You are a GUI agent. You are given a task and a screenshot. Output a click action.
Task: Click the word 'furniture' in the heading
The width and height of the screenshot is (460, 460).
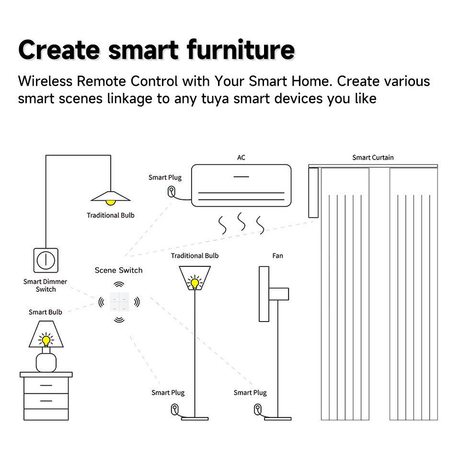[x=240, y=49]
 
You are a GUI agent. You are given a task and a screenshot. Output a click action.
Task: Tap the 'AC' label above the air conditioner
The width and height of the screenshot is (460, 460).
[x=241, y=158]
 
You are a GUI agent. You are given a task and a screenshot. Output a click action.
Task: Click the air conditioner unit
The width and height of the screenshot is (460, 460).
[x=241, y=185]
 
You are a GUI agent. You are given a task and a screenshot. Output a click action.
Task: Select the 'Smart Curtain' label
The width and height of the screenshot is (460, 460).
[x=373, y=158]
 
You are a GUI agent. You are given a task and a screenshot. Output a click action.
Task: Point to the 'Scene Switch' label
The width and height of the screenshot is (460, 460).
[x=118, y=270]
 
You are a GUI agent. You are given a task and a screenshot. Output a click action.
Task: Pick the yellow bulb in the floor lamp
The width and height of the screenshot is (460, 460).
[x=195, y=282]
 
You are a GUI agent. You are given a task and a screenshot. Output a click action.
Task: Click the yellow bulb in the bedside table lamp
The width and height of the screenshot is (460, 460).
[x=46, y=340]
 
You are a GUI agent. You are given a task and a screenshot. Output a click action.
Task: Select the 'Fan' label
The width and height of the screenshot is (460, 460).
[x=277, y=256]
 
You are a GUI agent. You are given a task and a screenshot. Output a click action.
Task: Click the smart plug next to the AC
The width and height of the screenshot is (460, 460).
[x=171, y=192]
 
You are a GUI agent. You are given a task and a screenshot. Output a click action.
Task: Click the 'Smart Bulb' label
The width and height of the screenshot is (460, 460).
[x=45, y=312]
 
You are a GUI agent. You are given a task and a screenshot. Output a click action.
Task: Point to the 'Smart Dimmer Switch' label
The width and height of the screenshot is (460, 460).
[x=45, y=286]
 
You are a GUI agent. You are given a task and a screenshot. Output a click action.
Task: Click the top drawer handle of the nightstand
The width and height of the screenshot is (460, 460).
[x=46, y=385]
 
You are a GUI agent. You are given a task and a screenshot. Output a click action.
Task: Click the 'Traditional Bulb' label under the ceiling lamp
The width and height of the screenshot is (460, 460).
[x=110, y=215]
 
